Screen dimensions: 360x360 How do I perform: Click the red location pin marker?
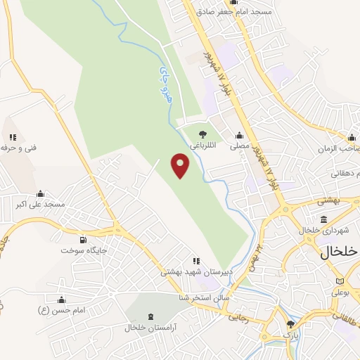tap(181, 166)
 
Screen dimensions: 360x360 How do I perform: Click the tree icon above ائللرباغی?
tap(202, 134)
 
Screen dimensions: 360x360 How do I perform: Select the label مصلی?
tap(240, 146)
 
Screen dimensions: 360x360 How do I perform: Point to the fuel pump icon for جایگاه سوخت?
tap(84, 239)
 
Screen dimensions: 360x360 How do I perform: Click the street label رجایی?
tap(237, 317)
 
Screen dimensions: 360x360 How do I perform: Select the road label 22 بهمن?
tap(257, 259)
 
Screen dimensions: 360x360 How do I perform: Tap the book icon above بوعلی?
tap(341, 281)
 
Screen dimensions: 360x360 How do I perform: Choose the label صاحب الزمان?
tap(343, 149)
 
